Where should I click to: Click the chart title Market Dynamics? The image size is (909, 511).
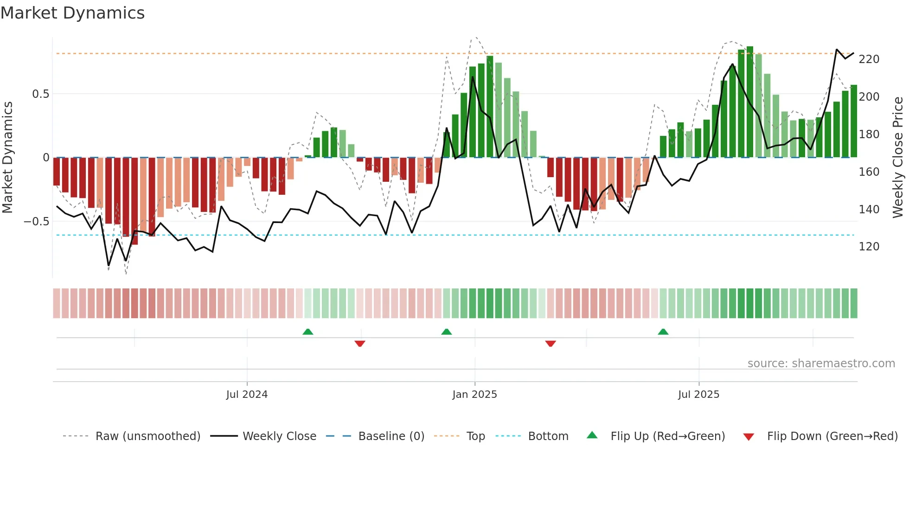pos(72,13)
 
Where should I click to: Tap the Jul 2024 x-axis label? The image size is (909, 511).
pos(247,395)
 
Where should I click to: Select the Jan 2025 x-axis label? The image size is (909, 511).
pos(474,395)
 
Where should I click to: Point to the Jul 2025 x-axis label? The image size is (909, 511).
pos(698,395)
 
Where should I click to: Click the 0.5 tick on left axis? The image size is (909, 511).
pos(40,94)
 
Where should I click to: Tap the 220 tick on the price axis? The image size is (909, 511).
pos(869,59)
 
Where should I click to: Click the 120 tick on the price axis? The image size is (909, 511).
pos(869,247)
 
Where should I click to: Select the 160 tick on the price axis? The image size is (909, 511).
pos(869,172)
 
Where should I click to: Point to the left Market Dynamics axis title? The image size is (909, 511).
pos(7,158)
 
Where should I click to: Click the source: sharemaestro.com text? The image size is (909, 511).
pos(821,364)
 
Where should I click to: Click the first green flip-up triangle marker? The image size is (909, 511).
pos(307,332)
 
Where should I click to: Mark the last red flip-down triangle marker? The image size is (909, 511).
pos(551,344)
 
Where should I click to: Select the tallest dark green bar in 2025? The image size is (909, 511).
pos(750,102)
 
